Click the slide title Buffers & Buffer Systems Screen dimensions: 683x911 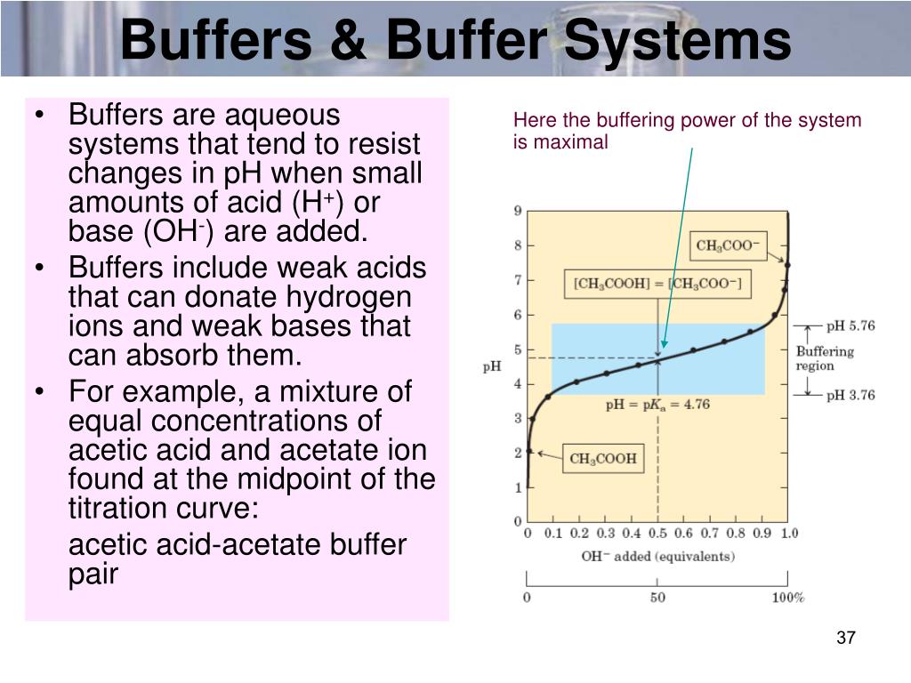(455, 40)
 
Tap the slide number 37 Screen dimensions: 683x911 (845, 638)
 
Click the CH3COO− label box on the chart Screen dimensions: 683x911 (728, 245)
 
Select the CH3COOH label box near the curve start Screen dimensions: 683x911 (602, 459)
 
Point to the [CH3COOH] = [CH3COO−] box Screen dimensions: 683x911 (657, 284)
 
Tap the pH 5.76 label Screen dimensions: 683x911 (850, 326)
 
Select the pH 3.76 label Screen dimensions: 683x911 (850, 395)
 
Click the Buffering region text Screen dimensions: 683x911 (824, 358)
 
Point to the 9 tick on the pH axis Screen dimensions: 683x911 (518, 211)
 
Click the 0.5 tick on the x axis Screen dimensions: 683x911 (657, 533)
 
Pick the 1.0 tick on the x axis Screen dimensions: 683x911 (788, 533)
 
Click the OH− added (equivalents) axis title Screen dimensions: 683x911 (657, 557)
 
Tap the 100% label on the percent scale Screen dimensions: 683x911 (787, 598)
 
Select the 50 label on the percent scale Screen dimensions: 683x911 (657, 598)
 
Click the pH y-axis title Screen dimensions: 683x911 (492, 366)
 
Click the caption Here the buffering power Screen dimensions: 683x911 (687, 131)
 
